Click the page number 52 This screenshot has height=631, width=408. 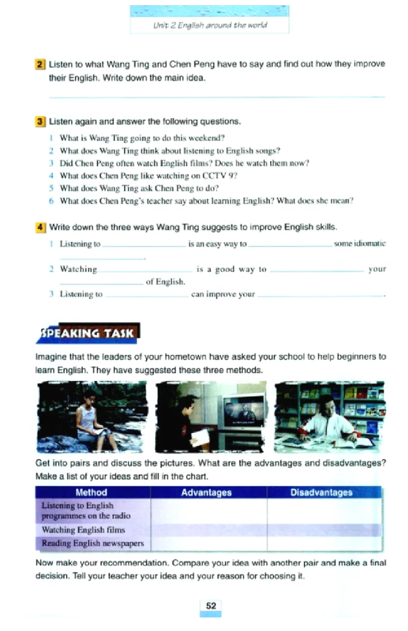[211, 606]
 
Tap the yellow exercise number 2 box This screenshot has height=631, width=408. [40, 65]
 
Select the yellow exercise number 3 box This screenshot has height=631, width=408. [40, 122]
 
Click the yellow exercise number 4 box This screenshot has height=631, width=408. [40, 227]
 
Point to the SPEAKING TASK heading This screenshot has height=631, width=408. [88, 333]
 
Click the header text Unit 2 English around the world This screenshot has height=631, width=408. [210, 24]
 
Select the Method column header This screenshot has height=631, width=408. [91, 492]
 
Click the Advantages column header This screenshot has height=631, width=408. [206, 492]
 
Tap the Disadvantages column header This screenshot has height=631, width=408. [321, 492]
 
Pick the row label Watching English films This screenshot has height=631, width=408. [83, 530]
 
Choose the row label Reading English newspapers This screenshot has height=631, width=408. [92, 543]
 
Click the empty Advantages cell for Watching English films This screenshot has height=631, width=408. [209, 530]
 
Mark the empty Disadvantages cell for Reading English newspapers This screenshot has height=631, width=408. [324, 543]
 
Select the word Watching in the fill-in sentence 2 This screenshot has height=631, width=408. [79, 269]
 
